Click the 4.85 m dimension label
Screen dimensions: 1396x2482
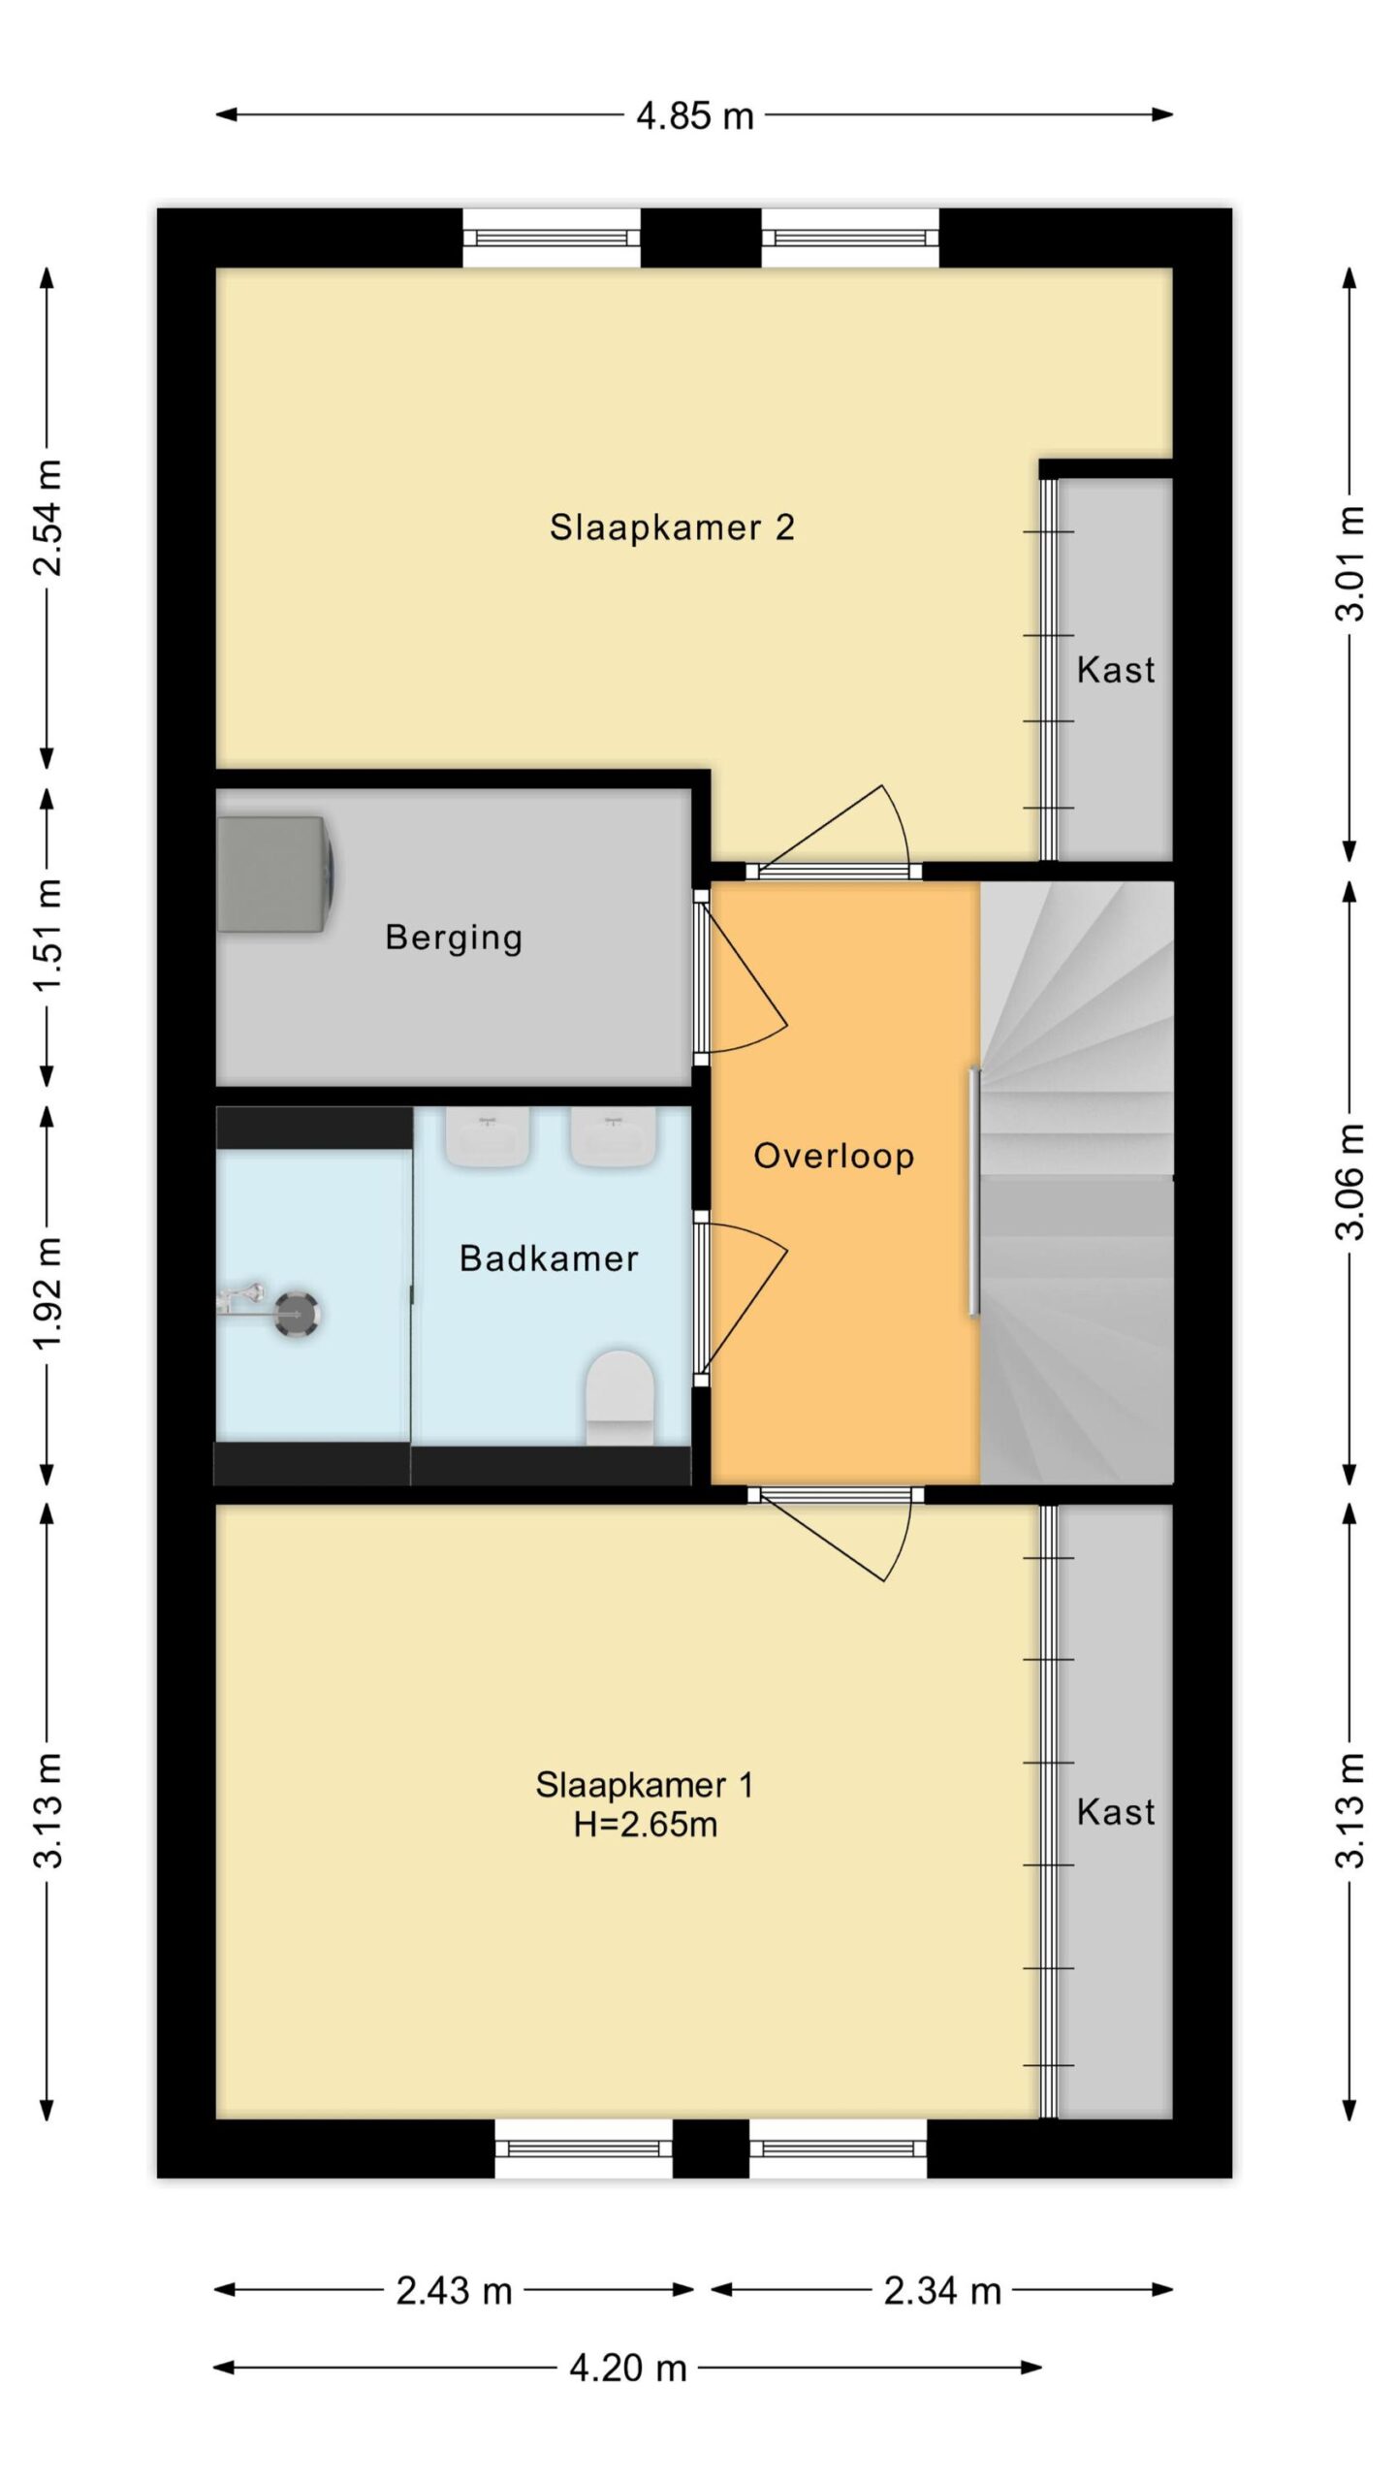(694, 116)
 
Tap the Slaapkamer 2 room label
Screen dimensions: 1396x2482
(672, 527)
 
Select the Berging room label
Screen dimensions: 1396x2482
(454, 938)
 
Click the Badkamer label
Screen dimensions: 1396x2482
(549, 1258)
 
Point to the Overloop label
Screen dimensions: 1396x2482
(834, 1156)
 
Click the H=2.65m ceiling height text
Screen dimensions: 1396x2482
(645, 1825)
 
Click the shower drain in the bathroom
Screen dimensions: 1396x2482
(296, 1314)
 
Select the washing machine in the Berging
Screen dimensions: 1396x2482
(275, 875)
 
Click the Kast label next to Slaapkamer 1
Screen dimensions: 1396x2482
(1116, 1812)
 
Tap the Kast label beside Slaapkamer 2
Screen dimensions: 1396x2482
(1116, 670)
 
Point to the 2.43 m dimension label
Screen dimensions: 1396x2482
(454, 2291)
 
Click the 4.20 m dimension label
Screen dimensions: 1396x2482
(628, 2369)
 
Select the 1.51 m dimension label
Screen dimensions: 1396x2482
(48, 937)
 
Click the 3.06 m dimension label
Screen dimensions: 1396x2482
(1349, 1182)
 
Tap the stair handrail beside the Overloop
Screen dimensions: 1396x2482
(974, 1192)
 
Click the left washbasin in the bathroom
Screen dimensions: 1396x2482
(488, 1137)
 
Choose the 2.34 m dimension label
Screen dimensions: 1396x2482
(942, 2291)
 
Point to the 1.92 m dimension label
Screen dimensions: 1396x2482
(48, 1293)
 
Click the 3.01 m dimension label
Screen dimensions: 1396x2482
(1349, 563)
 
